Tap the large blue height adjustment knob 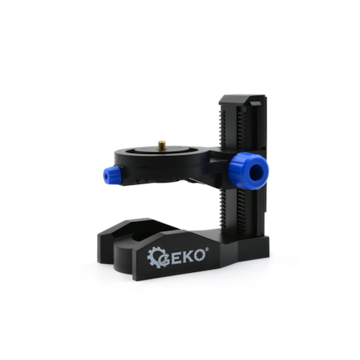click(x=249, y=171)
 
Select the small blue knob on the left click(x=112, y=175)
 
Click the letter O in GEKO click(x=199, y=255)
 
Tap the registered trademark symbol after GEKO click(x=207, y=249)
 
